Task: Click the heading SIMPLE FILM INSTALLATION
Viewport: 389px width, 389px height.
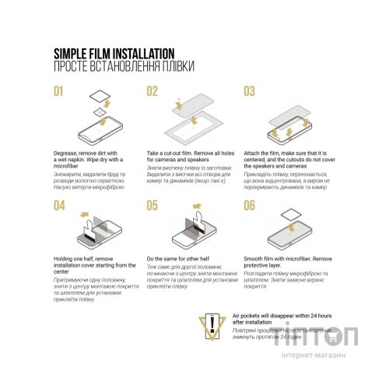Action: pyautogui.click(x=113, y=53)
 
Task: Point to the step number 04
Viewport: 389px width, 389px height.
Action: pyautogui.click(x=59, y=205)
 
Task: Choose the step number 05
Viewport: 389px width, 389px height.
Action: pyautogui.click(x=152, y=205)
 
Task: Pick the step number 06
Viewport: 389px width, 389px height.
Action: pyautogui.click(x=250, y=205)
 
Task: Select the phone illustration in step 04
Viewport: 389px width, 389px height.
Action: pyautogui.click(x=87, y=237)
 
